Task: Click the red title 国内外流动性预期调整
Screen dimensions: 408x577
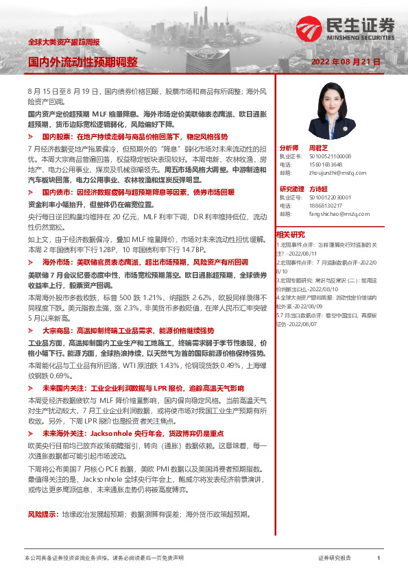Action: [x=83, y=62]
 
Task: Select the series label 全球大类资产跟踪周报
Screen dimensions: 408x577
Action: [x=63, y=42]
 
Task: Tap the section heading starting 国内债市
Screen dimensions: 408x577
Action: [x=138, y=193]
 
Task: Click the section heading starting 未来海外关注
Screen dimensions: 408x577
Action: [x=138, y=434]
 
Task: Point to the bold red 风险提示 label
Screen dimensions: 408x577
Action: [x=43, y=513]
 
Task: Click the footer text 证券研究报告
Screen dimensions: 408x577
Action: [x=334, y=558]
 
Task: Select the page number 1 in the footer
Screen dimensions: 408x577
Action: [x=378, y=558]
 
